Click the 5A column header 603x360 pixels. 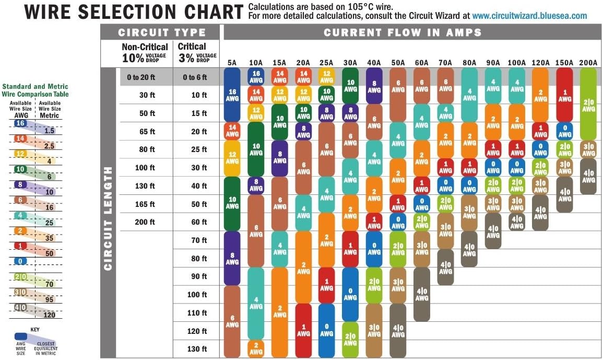point(232,63)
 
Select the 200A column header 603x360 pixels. point(588,63)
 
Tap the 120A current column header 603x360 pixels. point(540,63)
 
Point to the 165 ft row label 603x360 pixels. point(145,204)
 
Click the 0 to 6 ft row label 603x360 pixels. point(195,77)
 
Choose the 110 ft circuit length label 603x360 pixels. point(197,313)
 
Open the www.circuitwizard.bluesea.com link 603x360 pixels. point(530,16)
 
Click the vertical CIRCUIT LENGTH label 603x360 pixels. point(109,218)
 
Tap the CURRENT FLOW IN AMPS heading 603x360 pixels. point(402,32)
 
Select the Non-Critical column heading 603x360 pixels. point(145,47)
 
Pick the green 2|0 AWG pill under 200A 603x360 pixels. point(588,104)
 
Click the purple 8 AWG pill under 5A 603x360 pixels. point(232,258)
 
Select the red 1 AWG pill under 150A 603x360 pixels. point(564,95)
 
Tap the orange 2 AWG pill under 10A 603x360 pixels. point(256,349)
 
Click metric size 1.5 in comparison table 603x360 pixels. point(49,131)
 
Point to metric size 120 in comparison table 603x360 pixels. point(49,315)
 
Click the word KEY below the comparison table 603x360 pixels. point(35,330)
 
